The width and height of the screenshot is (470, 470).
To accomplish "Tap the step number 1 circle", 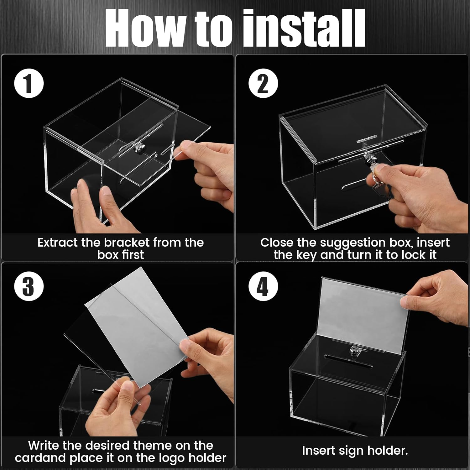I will [29, 84].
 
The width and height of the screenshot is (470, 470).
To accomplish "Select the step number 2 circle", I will [263, 84].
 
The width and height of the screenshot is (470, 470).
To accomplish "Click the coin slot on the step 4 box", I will [338, 357].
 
